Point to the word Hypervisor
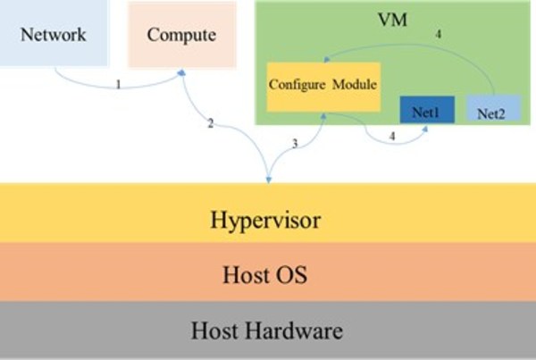click(267, 220)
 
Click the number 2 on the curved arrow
click(210, 122)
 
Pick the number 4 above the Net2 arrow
click(437, 34)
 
